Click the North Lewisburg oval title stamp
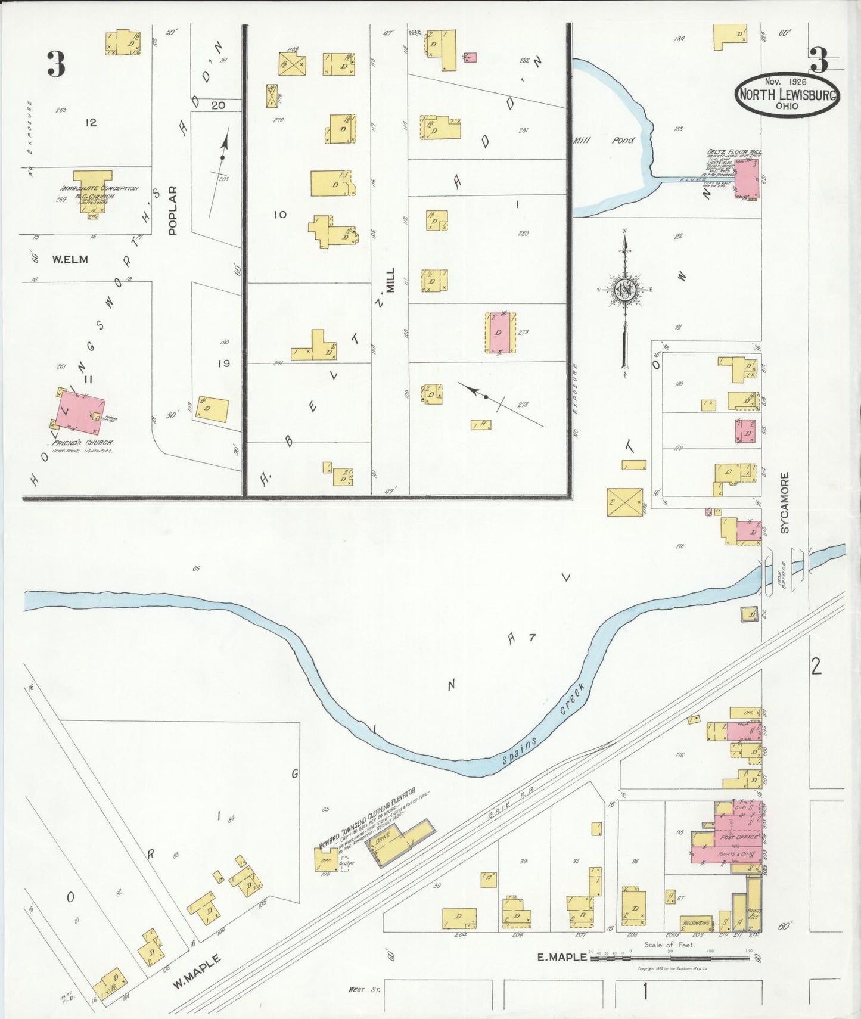click(787, 94)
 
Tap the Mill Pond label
click(604, 141)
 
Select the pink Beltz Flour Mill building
click(746, 178)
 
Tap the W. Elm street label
click(70, 259)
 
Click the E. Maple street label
click(559, 958)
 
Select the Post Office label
click(739, 837)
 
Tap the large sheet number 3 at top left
click(56, 64)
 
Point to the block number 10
click(280, 215)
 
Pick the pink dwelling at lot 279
click(501, 333)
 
